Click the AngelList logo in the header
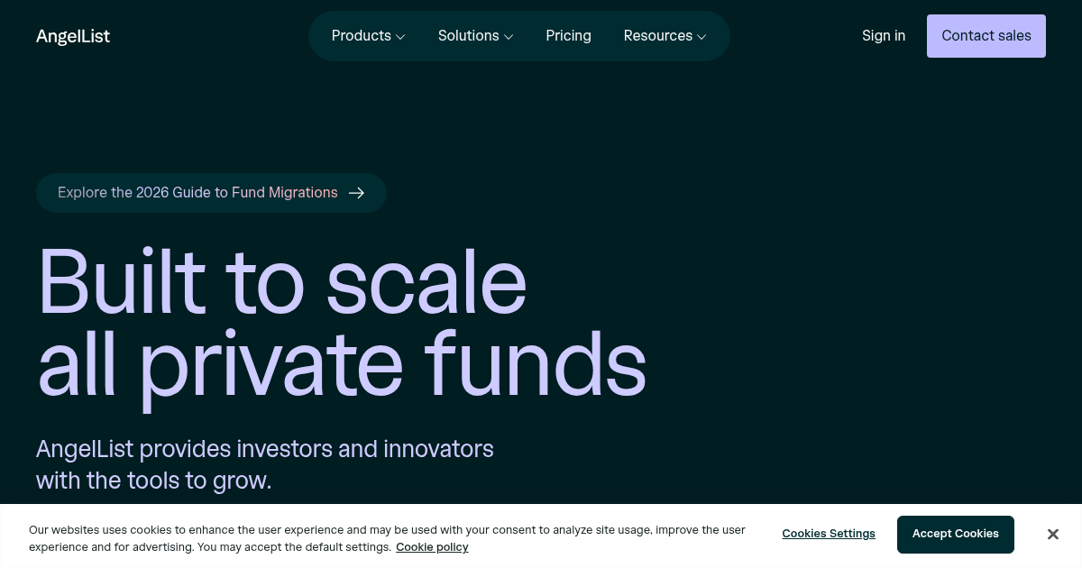coord(73,36)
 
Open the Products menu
coord(361,36)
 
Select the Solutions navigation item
coord(468,36)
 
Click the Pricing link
coord(568,36)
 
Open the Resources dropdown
coord(658,36)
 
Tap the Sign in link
coord(884,36)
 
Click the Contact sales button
coord(986,36)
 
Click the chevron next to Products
coord(400,37)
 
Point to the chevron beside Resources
coord(701,37)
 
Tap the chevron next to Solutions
coord(509,37)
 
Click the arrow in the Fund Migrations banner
coord(357,193)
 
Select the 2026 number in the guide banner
coord(152,193)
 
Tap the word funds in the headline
coord(536,365)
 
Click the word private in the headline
coord(270,365)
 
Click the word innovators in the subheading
coord(438,448)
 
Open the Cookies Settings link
coord(829,534)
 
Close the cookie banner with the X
coord(1052,535)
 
